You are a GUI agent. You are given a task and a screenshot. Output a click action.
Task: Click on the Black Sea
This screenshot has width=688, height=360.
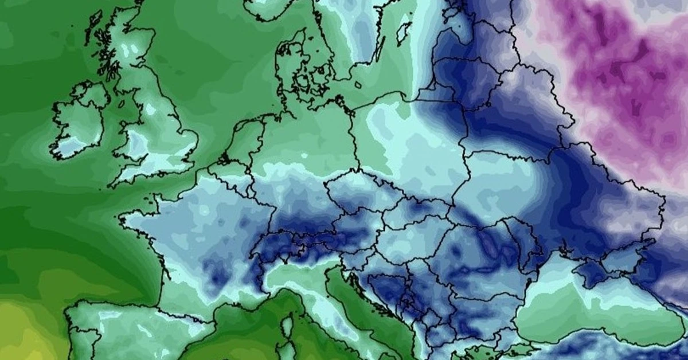573,310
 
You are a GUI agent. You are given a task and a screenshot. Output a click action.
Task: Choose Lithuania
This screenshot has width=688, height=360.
459,75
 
